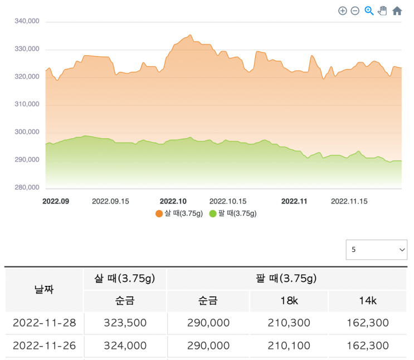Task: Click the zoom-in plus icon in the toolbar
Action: pyautogui.click(x=343, y=11)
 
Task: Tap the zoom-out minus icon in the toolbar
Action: pyautogui.click(x=355, y=11)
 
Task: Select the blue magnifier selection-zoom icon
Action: pyautogui.click(x=369, y=11)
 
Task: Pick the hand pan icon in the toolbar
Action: pyautogui.click(x=382, y=11)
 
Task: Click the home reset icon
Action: pyautogui.click(x=397, y=11)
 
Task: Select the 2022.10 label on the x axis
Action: pyautogui.click(x=173, y=201)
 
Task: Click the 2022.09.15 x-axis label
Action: pyautogui.click(x=110, y=201)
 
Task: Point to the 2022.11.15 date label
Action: pyautogui.click(x=349, y=201)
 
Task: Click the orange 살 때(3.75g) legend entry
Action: pyautogui.click(x=179, y=213)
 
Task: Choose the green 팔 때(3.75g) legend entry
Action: pyautogui.click(x=233, y=213)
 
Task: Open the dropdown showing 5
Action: pyautogui.click(x=376, y=250)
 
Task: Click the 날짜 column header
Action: pyautogui.click(x=44, y=289)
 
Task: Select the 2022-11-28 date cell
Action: pyautogui.click(x=44, y=323)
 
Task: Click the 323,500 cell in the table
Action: pyautogui.click(x=125, y=323)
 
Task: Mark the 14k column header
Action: pyautogui.click(x=367, y=301)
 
